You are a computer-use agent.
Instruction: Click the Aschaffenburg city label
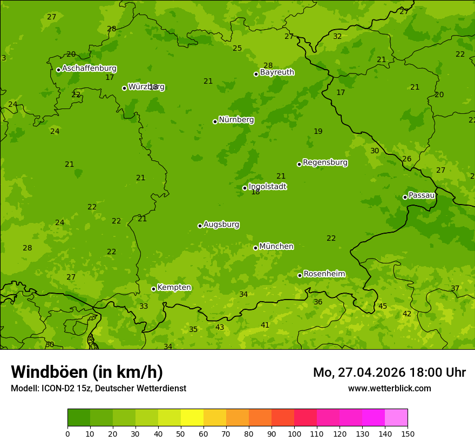pos(89,69)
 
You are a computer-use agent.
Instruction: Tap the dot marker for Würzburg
pos(124,88)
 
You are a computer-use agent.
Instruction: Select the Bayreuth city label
pos(277,72)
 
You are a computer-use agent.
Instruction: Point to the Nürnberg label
pos(236,120)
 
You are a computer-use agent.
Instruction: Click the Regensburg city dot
pos(299,164)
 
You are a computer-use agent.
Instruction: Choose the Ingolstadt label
pos(267,186)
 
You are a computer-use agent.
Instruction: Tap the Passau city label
pos(422,195)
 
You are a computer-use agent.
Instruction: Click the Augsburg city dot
pos(200,226)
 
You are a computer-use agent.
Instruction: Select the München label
pos(276,246)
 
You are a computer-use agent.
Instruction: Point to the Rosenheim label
pos(324,274)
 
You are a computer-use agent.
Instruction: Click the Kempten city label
pos(174,287)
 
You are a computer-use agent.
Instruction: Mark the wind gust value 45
pos(383,306)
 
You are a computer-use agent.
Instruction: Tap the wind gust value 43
pos(220,327)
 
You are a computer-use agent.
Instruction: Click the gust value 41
pos(265,325)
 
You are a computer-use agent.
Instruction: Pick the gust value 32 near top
pos(337,36)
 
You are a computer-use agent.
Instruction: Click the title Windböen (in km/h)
pos(87,372)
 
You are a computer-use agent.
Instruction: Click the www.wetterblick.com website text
pos(389,388)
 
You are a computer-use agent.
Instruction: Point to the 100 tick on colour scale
pos(294,433)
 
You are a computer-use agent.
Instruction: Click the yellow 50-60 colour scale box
pos(192,418)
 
